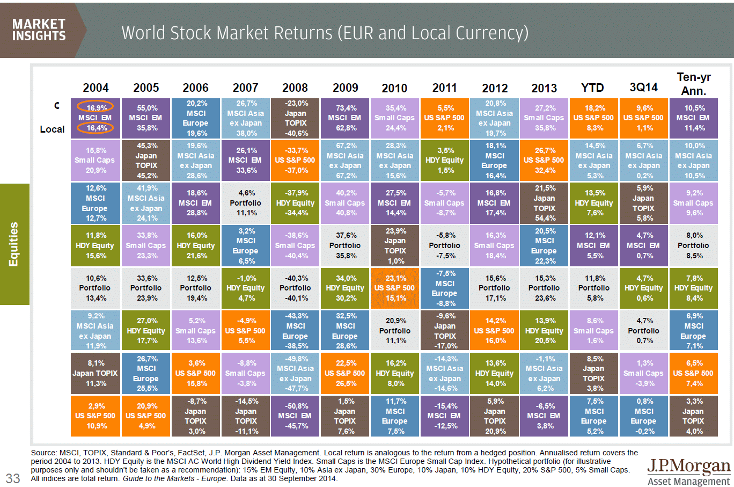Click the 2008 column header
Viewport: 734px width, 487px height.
(x=295, y=88)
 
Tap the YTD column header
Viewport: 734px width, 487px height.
(x=593, y=88)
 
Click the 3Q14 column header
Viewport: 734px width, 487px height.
(x=643, y=88)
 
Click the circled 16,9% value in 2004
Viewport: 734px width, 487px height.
(x=96, y=107)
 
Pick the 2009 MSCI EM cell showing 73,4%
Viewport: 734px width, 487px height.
(x=345, y=118)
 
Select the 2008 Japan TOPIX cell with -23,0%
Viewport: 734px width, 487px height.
(x=295, y=118)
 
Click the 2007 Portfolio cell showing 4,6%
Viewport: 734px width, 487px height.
(x=246, y=203)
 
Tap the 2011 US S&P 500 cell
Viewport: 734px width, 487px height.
(x=444, y=118)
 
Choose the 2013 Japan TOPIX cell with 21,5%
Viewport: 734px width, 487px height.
(x=544, y=203)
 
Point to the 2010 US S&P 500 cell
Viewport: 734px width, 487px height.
(x=395, y=288)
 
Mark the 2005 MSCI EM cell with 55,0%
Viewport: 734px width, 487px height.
(x=146, y=118)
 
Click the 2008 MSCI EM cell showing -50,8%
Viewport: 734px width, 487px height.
(x=295, y=416)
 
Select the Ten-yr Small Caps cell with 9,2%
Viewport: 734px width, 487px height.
(x=693, y=203)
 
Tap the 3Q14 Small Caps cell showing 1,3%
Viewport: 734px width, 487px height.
(x=643, y=373)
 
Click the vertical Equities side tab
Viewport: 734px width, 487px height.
(x=14, y=244)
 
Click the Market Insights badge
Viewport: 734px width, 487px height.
(x=39, y=30)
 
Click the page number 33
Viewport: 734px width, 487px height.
(x=13, y=478)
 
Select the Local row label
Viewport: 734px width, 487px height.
(x=52, y=129)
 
